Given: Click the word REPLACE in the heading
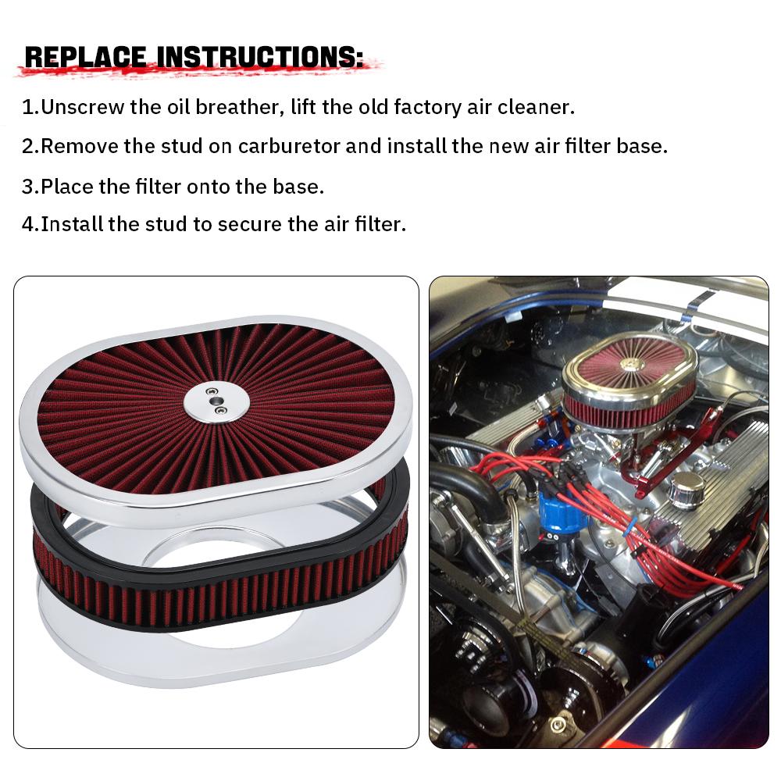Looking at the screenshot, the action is click(85, 57).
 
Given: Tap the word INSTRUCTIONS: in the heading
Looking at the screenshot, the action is click(261, 57).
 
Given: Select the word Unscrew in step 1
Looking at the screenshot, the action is click(82, 107).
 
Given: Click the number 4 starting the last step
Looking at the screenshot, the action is click(28, 224).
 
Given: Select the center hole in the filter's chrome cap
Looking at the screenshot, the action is click(216, 401).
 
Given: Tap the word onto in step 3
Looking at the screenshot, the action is click(209, 187).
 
